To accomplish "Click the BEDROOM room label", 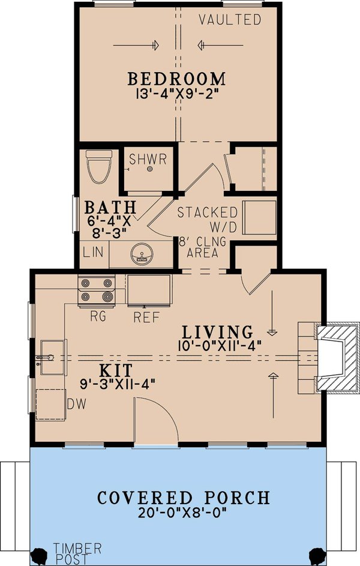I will [x=176, y=79].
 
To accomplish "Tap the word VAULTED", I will [x=230, y=19].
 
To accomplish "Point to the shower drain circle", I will [x=150, y=169].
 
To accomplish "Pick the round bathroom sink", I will [x=142, y=254].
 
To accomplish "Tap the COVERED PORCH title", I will [x=184, y=498].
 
